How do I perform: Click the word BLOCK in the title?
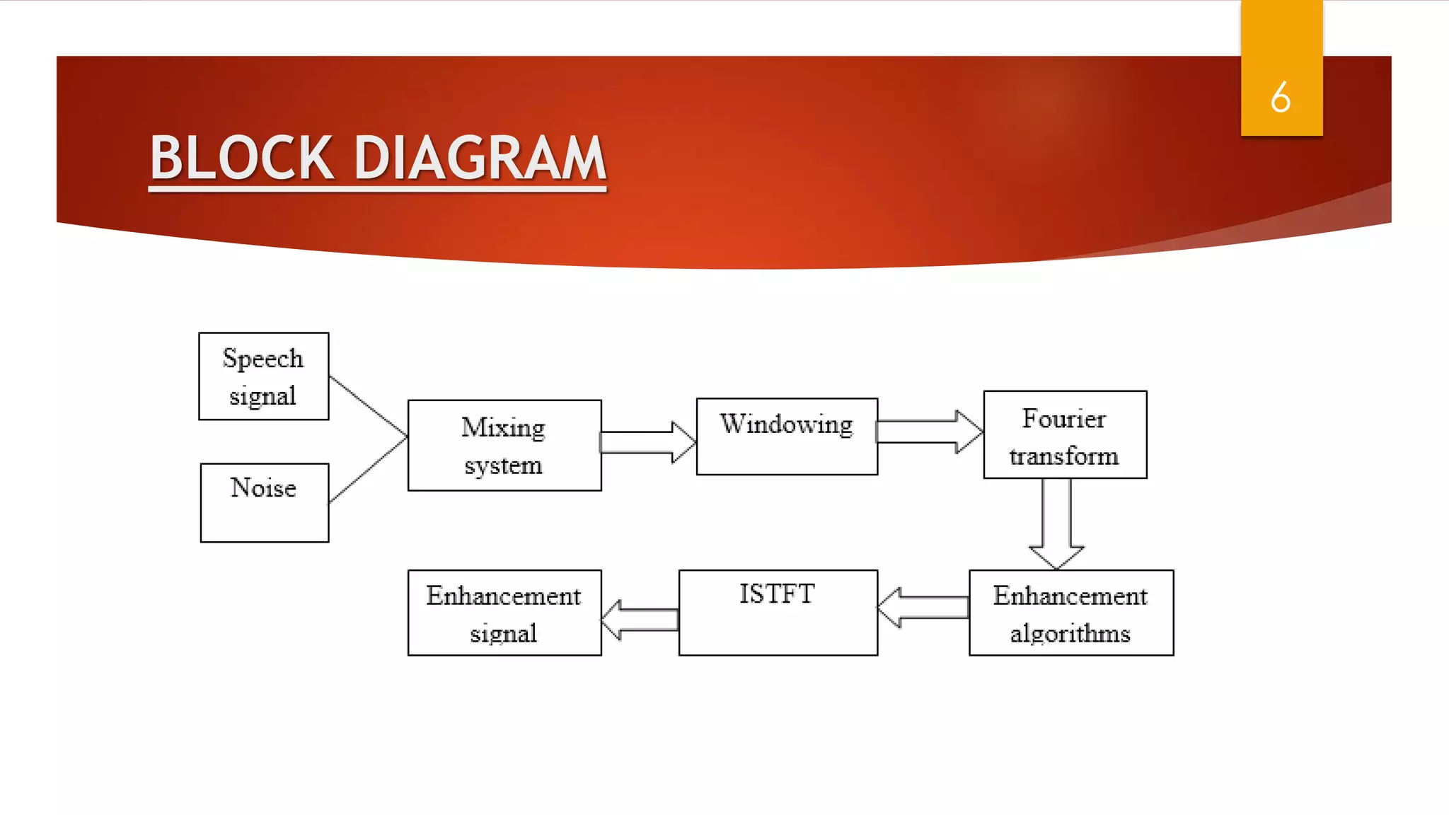point(241,158)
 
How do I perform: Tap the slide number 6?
point(1281,97)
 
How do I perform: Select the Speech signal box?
point(263,376)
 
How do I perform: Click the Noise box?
point(264,502)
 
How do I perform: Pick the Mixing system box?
point(504,446)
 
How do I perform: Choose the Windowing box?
point(787,437)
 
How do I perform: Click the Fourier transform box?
point(1065,435)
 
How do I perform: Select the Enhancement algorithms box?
point(1071,613)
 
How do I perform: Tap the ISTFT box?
point(778,613)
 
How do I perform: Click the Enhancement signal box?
point(504,613)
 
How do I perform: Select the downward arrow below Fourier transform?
point(1056,524)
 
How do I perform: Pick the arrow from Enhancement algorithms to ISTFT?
point(923,607)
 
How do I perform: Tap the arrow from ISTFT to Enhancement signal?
point(640,620)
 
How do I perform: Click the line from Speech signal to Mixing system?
point(368,405)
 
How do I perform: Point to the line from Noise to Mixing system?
point(368,470)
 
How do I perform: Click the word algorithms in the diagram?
point(1070,633)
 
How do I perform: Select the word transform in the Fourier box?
point(1064,456)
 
